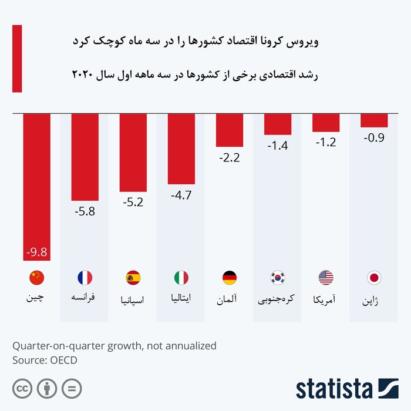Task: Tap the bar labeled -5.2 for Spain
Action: [x=133, y=152]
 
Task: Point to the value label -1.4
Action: [x=277, y=144]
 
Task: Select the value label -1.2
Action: [x=325, y=142]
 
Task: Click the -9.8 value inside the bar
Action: [x=36, y=253]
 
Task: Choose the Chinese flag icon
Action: [x=36, y=278]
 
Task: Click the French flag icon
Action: [x=85, y=278]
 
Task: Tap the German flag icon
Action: [x=229, y=278]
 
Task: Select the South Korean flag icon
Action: [x=277, y=278]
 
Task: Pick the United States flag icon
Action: [x=325, y=278]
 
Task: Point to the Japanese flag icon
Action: [x=373, y=278]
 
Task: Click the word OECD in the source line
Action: [x=62, y=360]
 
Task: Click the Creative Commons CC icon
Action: [x=22, y=388]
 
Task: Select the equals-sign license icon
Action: [x=72, y=388]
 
